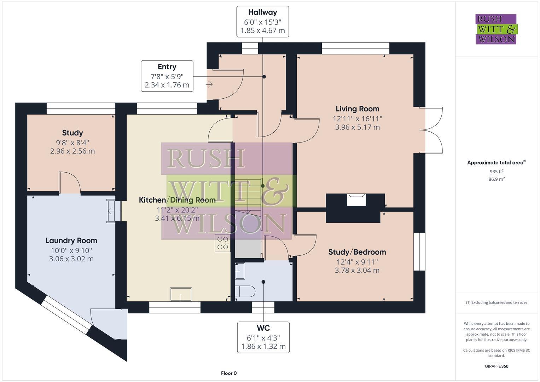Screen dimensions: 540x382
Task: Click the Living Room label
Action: pyautogui.click(x=357, y=109)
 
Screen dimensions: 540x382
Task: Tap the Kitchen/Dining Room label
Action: pyautogui.click(x=177, y=200)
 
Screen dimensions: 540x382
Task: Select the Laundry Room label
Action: pyautogui.click(x=71, y=241)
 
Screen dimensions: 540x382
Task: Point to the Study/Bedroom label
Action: pyautogui.click(x=357, y=252)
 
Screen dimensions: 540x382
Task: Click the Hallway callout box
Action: pyautogui.click(x=263, y=22)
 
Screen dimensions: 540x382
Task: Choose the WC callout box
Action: pyautogui.click(x=263, y=337)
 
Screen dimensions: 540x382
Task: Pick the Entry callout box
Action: pyautogui.click(x=167, y=76)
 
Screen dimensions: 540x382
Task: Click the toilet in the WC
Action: pyautogui.click(x=245, y=291)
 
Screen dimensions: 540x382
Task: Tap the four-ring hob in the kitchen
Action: pyautogui.click(x=222, y=243)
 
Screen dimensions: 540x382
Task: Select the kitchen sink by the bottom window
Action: pyautogui.click(x=181, y=294)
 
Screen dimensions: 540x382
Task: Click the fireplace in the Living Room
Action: pyautogui.click(x=356, y=199)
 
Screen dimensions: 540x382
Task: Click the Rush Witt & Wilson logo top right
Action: pyautogui.click(x=496, y=29)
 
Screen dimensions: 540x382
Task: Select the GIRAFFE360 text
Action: pyautogui.click(x=496, y=366)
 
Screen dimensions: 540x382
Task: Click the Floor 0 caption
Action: pyautogui.click(x=229, y=373)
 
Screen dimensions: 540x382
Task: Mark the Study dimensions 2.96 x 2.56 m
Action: pyautogui.click(x=72, y=151)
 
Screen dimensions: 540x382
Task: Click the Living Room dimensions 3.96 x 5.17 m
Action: pyautogui.click(x=357, y=127)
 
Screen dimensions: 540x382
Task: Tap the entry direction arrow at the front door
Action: pyautogui.click(x=209, y=85)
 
